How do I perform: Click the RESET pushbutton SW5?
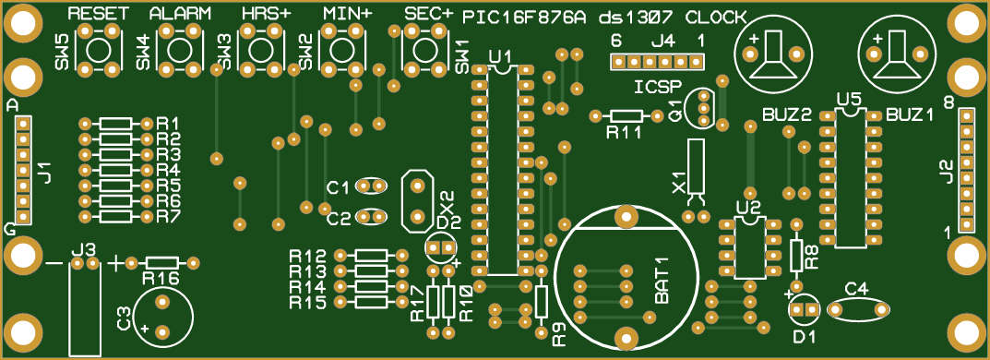[101, 47]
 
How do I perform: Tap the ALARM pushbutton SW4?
[181, 47]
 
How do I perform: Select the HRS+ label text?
[266, 14]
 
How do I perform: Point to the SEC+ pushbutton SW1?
[423, 47]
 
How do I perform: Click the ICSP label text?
[658, 87]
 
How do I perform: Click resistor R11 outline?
[626, 115]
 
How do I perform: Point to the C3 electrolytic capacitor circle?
[163, 317]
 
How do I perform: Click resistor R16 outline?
[161, 263]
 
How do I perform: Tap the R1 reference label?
[168, 124]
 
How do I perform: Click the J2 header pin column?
[967, 171]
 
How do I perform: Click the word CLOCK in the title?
[717, 17]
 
